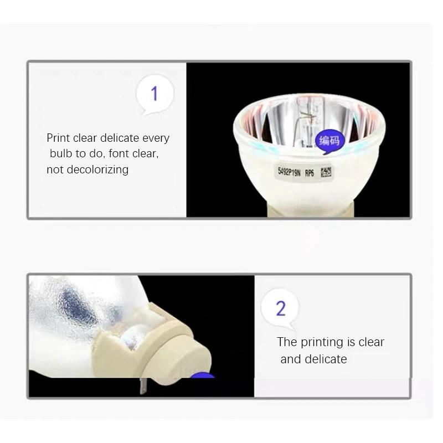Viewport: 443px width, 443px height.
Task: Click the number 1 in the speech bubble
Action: [x=154, y=94]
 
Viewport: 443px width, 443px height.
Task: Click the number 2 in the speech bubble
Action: [x=281, y=308]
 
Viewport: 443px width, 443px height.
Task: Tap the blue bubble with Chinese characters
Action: [x=329, y=141]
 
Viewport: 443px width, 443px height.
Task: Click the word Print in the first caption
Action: [x=58, y=138]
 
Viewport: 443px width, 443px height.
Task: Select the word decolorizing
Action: [x=97, y=169]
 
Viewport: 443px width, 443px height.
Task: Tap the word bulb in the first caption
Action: [x=60, y=154]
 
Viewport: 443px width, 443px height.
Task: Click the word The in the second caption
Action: [x=287, y=342]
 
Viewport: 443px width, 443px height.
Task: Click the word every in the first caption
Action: [x=156, y=138]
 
